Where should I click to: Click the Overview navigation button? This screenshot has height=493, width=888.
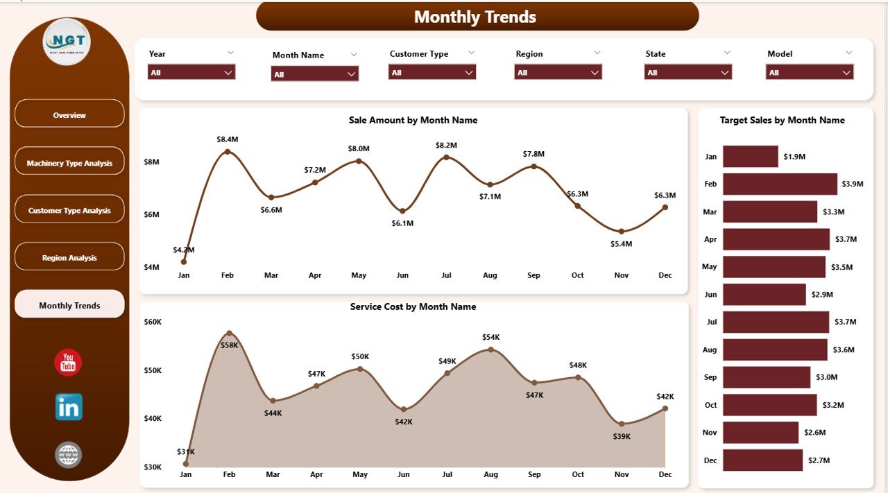pos(69,114)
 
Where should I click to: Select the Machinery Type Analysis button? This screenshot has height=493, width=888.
pos(69,162)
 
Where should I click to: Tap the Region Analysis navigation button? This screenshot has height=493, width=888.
pos(69,257)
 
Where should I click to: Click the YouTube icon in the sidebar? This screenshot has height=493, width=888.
pos(68,363)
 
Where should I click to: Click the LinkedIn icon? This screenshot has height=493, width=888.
pos(69,407)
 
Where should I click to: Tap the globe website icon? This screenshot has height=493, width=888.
pos(69,455)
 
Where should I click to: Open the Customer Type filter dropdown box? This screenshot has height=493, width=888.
pos(432,72)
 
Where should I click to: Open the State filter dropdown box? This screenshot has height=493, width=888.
pos(688,72)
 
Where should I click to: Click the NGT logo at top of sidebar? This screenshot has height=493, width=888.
pos(67,42)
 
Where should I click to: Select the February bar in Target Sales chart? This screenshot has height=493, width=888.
pos(780,184)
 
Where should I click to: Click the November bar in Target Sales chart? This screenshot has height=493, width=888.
pos(760,433)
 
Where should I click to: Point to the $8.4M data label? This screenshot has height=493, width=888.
pos(228,139)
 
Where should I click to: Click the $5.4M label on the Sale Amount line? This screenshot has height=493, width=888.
pos(622,244)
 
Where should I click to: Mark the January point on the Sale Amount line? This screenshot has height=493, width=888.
pos(184,261)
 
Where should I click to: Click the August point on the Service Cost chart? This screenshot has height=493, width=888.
pos(490,349)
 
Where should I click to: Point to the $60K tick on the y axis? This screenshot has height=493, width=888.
pos(153,322)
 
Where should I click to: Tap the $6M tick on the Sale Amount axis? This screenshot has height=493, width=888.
pos(151,214)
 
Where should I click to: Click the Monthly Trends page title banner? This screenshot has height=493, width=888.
pos(477,17)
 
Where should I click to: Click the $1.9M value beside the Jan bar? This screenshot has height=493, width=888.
pos(794,157)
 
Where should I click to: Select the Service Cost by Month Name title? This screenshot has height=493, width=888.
pos(413,306)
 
